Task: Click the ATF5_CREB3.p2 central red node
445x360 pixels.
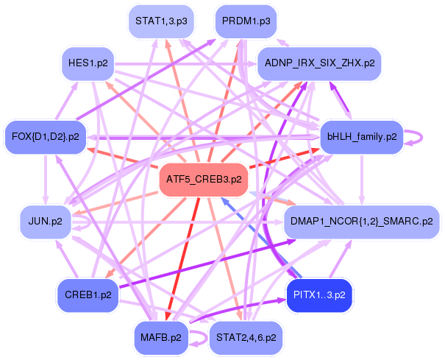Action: pos(204,179)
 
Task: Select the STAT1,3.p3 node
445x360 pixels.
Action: pos(158,21)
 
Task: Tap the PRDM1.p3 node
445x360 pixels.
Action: pos(246,21)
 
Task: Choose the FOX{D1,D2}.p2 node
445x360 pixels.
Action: pos(46,136)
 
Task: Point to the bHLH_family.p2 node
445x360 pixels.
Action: pos(362,136)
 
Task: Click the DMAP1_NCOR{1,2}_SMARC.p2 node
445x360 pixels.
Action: pos(361,221)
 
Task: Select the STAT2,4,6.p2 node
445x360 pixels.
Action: pos(246,338)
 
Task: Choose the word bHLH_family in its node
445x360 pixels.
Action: pos(355,136)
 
